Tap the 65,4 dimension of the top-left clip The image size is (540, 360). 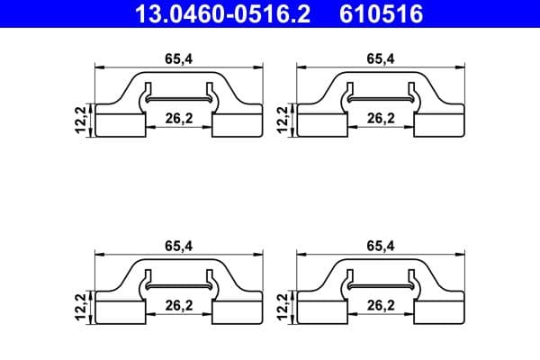pos(176,58)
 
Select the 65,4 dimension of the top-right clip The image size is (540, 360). pos(380,58)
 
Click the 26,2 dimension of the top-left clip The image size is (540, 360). pos(179,117)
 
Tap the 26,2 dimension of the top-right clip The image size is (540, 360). pos(382,117)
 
